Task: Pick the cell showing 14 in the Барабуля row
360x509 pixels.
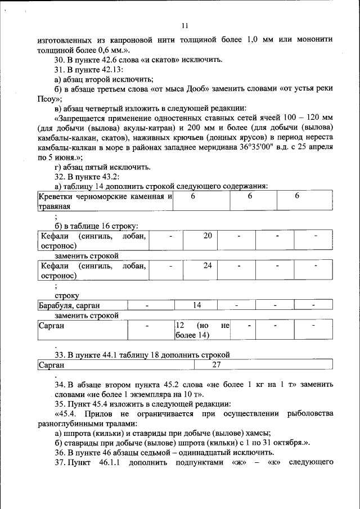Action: [197, 305]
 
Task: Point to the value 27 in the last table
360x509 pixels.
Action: [215, 365]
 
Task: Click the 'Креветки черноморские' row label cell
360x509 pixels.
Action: [105, 201]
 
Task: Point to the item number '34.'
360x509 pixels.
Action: [60, 385]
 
